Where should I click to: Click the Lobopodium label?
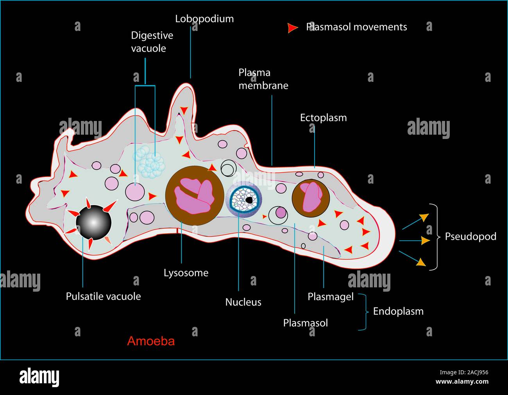[204, 19]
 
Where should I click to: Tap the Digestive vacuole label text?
[152, 42]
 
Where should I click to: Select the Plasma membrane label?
[263, 79]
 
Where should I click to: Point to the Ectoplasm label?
[323, 118]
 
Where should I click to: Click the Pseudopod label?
[470, 236]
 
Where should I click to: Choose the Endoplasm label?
[398, 312]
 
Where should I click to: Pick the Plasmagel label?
[330, 297]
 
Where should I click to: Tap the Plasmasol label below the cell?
[305, 323]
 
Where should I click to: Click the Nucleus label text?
[243, 302]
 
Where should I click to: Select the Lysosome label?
[186, 273]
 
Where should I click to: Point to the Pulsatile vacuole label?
[103, 296]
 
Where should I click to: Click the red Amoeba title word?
[151, 341]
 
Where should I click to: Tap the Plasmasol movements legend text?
[356, 27]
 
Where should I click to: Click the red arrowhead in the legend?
[292, 28]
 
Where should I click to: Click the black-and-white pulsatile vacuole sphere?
[93, 222]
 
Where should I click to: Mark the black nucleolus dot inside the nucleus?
[249, 200]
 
